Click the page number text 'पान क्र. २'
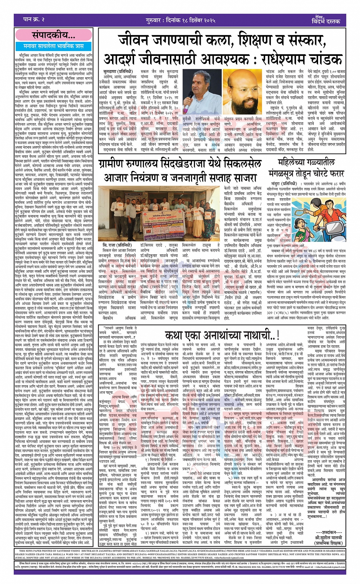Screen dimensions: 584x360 pos(34,19)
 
